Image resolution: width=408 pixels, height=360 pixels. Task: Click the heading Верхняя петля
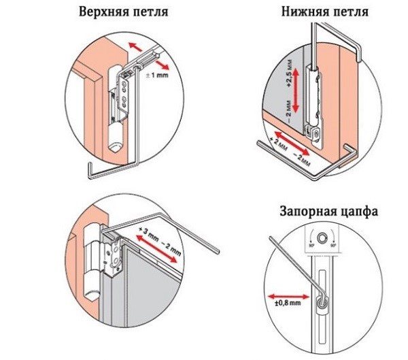tap(123, 13)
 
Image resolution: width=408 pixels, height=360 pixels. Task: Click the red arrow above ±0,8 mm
tap(286, 295)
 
